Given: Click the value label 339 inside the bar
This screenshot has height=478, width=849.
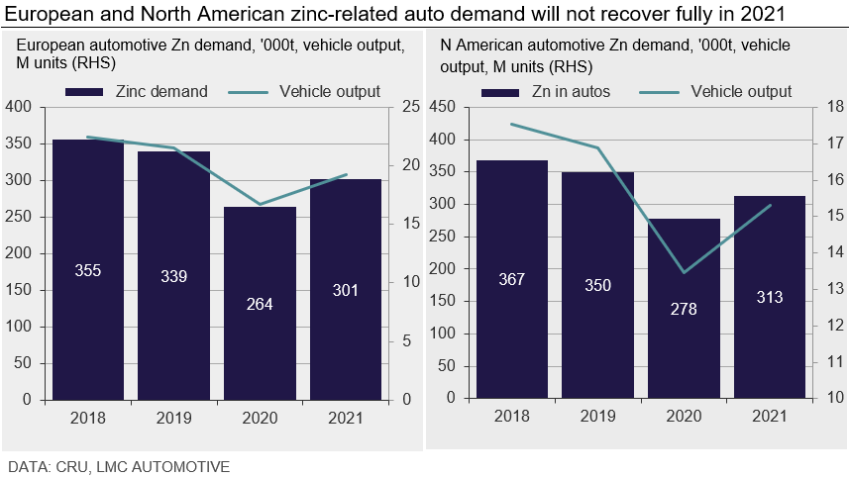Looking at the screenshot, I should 173,276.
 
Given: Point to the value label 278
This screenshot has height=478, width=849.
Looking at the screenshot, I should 684,309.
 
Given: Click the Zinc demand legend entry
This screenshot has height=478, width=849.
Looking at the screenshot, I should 137,91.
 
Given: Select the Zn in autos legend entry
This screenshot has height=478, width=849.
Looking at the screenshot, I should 546,92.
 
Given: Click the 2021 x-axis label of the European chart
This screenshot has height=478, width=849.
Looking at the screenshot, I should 346,418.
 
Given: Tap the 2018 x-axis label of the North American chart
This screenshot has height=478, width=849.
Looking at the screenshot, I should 512,418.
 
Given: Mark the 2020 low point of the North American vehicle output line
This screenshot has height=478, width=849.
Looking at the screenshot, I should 684,272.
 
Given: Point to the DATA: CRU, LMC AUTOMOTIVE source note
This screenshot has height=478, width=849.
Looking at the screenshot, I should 119,465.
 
